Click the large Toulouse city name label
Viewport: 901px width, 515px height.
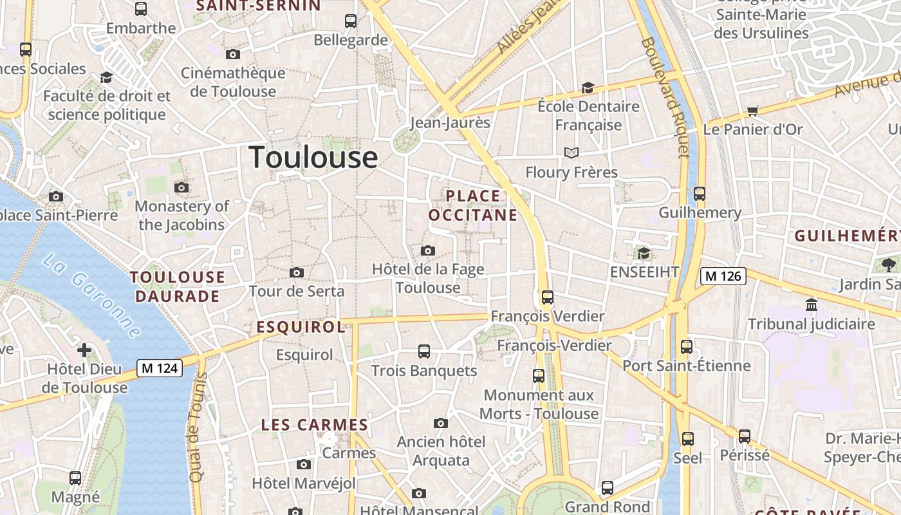click(x=313, y=158)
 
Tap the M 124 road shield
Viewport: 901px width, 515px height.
click(x=160, y=368)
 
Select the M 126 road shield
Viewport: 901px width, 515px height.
click(x=723, y=276)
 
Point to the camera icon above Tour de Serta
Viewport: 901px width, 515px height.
click(x=297, y=273)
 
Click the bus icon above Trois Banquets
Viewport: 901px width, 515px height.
click(x=424, y=351)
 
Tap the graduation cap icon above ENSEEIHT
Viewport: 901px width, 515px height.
click(x=644, y=254)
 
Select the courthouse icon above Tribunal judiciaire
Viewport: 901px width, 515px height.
click(x=811, y=304)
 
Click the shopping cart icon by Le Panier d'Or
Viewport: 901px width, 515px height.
click(x=753, y=111)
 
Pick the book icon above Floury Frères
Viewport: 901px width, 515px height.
click(x=571, y=153)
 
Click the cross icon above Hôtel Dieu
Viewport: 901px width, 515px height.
click(x=84, y=351)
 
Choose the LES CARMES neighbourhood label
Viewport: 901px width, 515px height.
click(x=314, y=425)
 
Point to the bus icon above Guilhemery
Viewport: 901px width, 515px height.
click(x=700, y=194)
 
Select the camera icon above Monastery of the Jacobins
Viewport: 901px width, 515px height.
click(x=181, y=188)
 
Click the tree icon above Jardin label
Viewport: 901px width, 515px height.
click(x=889, y=265)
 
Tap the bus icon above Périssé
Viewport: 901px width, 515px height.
click(x=745, y=436)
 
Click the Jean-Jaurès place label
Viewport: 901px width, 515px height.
click(x=450, y=122)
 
